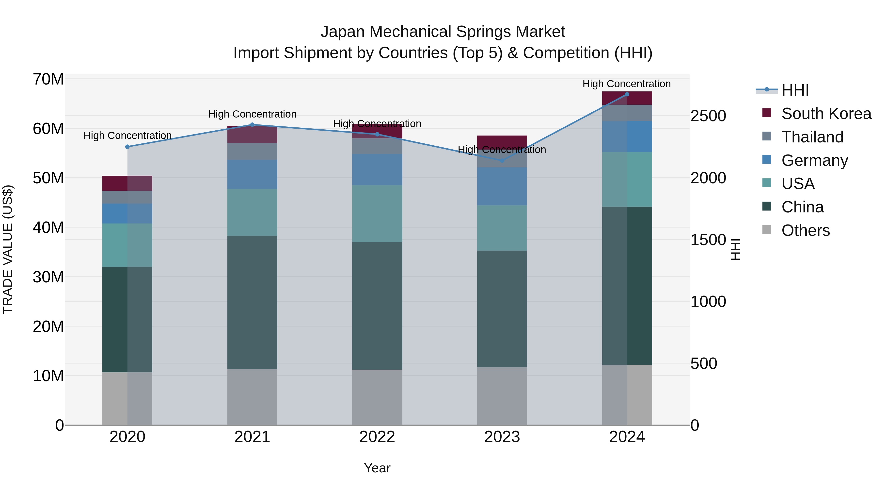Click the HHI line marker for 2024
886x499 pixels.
(x=627, y=94)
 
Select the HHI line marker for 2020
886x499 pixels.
(x=127, y=147)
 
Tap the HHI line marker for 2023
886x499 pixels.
(x=502, y=160)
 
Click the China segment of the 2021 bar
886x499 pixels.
(x=252, y=302)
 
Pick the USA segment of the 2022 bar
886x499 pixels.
(x=377, y=213)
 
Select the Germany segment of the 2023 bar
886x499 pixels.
(x=502, y=186)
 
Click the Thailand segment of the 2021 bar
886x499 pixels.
(x=252, y=151)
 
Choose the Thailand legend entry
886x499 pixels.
(x=812, y=137)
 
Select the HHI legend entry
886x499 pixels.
(x=795, y=90)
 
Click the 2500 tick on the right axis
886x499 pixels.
(x=708, y=116)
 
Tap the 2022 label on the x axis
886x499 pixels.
(x=377, y=437)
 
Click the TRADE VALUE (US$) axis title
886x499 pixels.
(x=8, y=249)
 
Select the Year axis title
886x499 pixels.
(x=377, y=468)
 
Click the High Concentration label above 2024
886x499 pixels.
(x=626, y=84)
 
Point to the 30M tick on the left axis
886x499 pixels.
(x=48, y=277)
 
